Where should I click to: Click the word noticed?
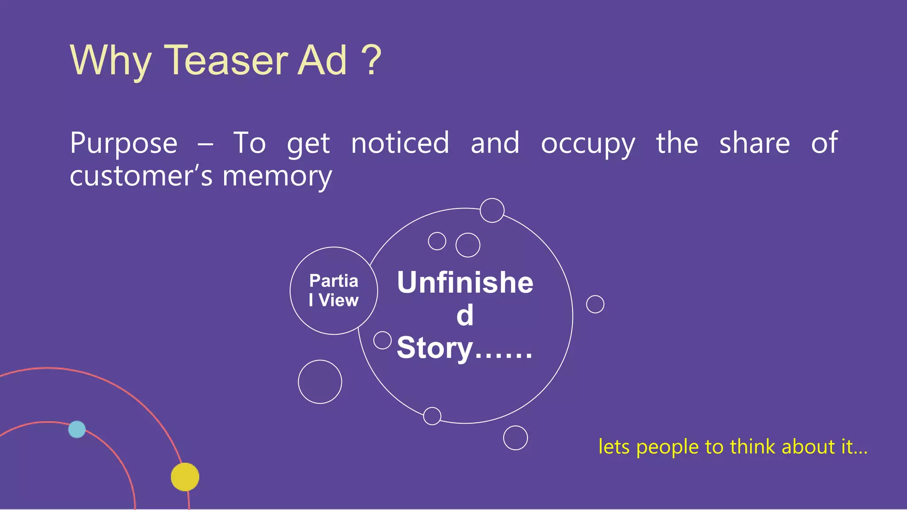click(400, 143)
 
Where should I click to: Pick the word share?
click(754, 143)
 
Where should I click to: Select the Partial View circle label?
click(333, 290)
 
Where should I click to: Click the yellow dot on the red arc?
click(185, 477)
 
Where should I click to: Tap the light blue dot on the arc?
click(77, 429)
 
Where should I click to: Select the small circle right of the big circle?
click(595, 304)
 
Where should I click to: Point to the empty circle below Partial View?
click(320, 382)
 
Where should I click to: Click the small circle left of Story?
click(382, 340)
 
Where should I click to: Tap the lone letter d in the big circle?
click(465, 315)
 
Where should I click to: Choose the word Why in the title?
click(111, 61)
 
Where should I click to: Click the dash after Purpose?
click(205, 144)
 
